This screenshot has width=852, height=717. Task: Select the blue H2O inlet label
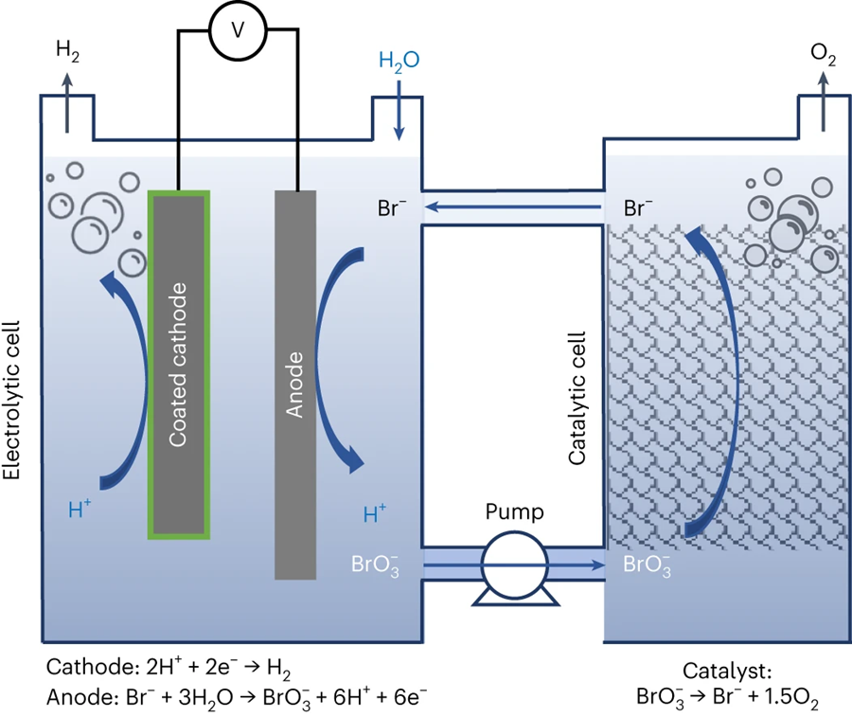[x=399, y=62]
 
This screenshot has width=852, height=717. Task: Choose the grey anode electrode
[x=295, y=384]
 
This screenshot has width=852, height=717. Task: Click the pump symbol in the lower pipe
[x=514, y=566]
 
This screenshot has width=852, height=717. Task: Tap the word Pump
[x=514, y=513]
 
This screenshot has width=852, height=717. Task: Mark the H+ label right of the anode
[x=375, y=515]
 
